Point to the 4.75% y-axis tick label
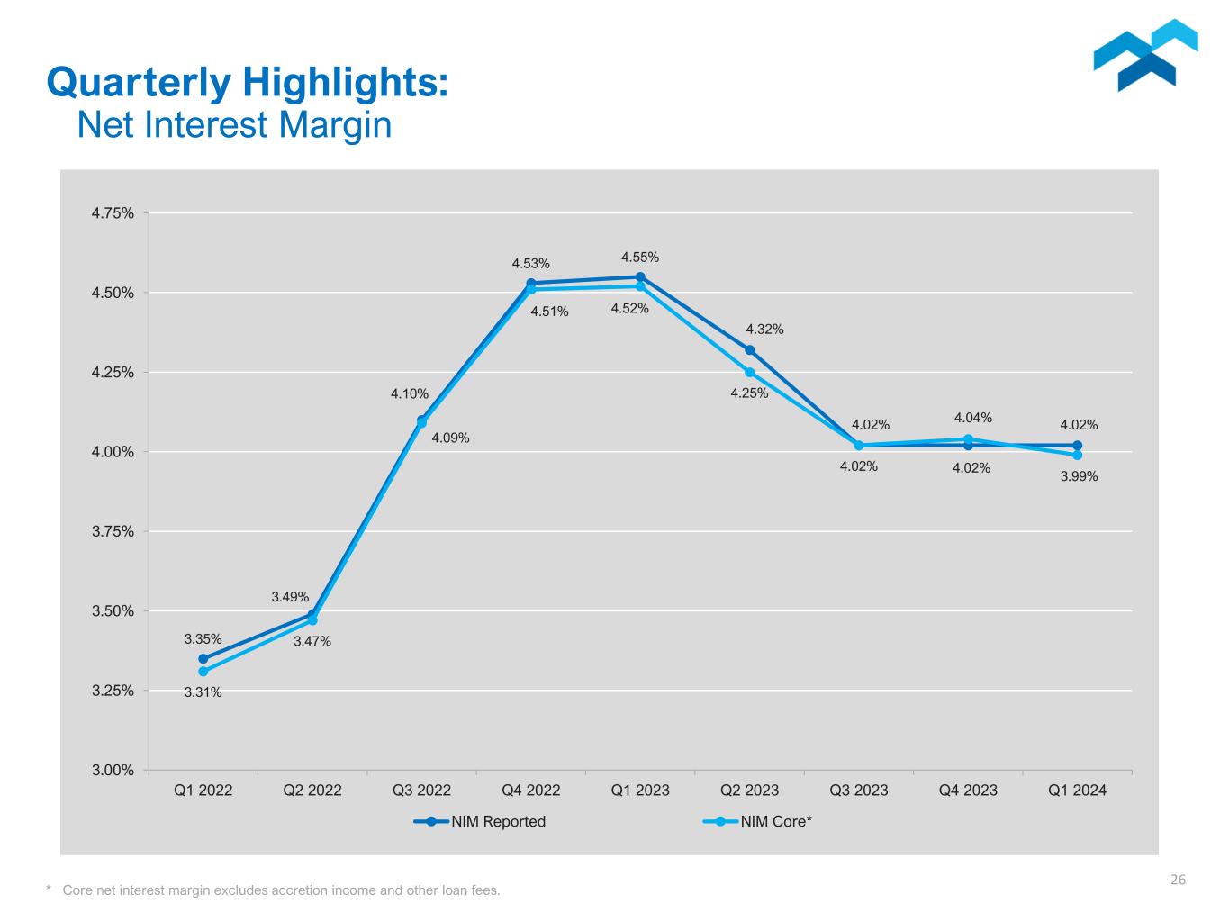coord(113,213)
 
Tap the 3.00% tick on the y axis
coord(113,770)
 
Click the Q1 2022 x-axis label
coord(203,791)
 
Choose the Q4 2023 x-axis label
coord(968,791)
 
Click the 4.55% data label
coord(639,258)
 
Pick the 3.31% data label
coord(203,692)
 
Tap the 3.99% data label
coord(1079,476)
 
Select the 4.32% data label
coord(764,330)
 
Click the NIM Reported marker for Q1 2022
coord(203,659)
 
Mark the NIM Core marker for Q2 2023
coord(749,373)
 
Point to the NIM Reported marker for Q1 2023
coord(640,277)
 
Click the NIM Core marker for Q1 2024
coord(1077,456)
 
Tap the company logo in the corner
coord(1145,55)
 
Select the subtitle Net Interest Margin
coord(234,125)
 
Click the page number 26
coord(1178,881)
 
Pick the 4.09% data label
coord(450,438)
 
